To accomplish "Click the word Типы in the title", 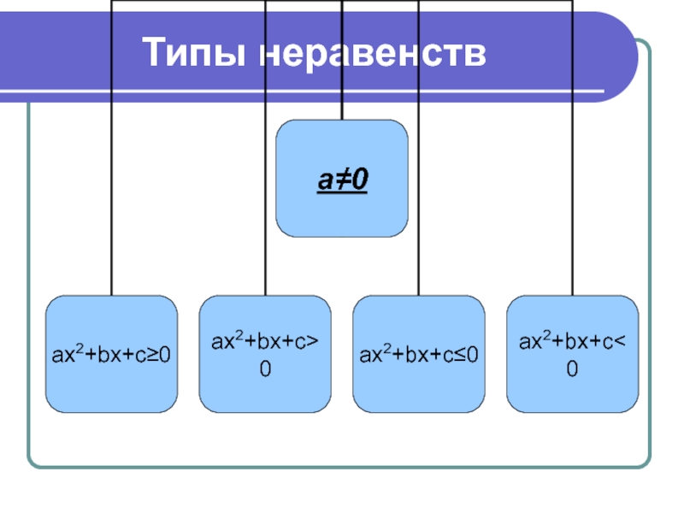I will click(x=196, y=53).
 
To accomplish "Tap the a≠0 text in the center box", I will click(x=342, y=180).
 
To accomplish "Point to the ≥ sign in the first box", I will click(x=152, y=354).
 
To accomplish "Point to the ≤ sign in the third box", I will click(x=460, y=354).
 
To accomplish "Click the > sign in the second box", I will click(x=315, y=343).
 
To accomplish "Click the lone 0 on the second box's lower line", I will click(x=265, y=369).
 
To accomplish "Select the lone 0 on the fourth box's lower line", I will click(x=572, y=369).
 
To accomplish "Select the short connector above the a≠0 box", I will click(x=342, y=109).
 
